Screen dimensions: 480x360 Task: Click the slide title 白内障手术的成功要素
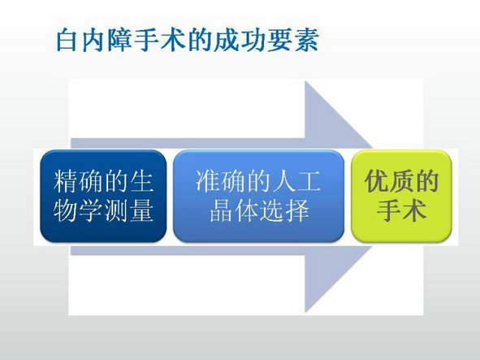[188, 40]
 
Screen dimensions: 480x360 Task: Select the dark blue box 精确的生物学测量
[103, 196]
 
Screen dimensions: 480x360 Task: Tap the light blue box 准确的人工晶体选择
[258, 196]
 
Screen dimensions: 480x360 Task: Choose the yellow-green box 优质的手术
[401, 196]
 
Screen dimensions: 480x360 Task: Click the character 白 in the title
[67, 40]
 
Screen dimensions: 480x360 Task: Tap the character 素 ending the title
[307, 40]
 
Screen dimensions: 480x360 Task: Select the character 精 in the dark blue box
[65, 181]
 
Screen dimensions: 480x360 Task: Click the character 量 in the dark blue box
[142, 210]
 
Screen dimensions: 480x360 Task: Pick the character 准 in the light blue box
[207, 181]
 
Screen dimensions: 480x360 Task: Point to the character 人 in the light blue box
[283, 181]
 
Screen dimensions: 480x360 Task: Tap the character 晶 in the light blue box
[221, 210]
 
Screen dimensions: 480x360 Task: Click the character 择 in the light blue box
[297, 210]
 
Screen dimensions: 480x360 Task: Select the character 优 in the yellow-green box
[376, 181]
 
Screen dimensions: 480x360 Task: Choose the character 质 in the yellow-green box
[401, 181]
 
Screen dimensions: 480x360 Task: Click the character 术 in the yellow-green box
[414, 210]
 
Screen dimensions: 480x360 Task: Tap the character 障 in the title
[119, 40]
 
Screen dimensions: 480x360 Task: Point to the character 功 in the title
[253, 40]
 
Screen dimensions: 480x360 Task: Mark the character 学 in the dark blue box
[91, 210]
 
